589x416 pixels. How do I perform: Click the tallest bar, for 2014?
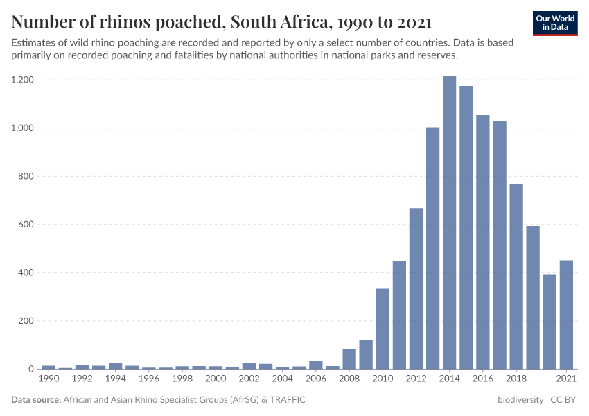click(449, 223)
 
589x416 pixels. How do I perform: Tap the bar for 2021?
click(566, 315)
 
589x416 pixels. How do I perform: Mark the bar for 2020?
click(550, 322)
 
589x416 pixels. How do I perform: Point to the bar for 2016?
click(483, 242)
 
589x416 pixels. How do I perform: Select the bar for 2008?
click(349, 359)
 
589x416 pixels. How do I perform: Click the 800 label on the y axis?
click(26, 177)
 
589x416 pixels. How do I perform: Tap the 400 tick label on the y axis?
click(26, 273)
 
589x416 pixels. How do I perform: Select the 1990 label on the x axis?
click(49, 379)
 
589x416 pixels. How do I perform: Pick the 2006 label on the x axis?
click(316, 379)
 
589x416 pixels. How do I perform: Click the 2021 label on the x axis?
click(566, 379)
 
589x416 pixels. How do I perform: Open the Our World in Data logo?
click(555, 23)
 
